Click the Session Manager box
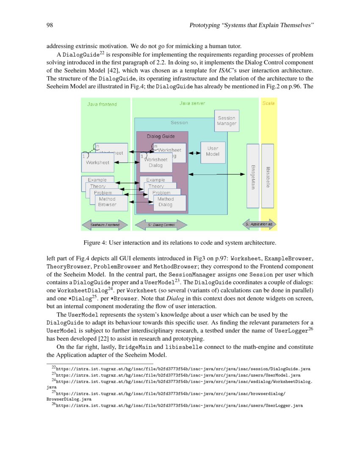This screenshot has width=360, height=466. (x=226, y=120)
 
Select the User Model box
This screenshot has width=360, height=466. (x=213, y=152)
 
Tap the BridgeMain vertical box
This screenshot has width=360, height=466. (x=253, y=176)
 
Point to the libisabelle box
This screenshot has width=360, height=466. (x=268, y=176)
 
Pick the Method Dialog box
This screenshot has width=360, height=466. (x=166, y=202)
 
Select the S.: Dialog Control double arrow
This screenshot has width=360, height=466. (x=161, y=225)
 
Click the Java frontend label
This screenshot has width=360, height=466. (x=102, y=104)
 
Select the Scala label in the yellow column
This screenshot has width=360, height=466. (x=268, y=103)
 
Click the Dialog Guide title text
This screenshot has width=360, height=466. (x=161, y=136)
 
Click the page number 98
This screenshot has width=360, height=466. (x=49, y=25)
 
